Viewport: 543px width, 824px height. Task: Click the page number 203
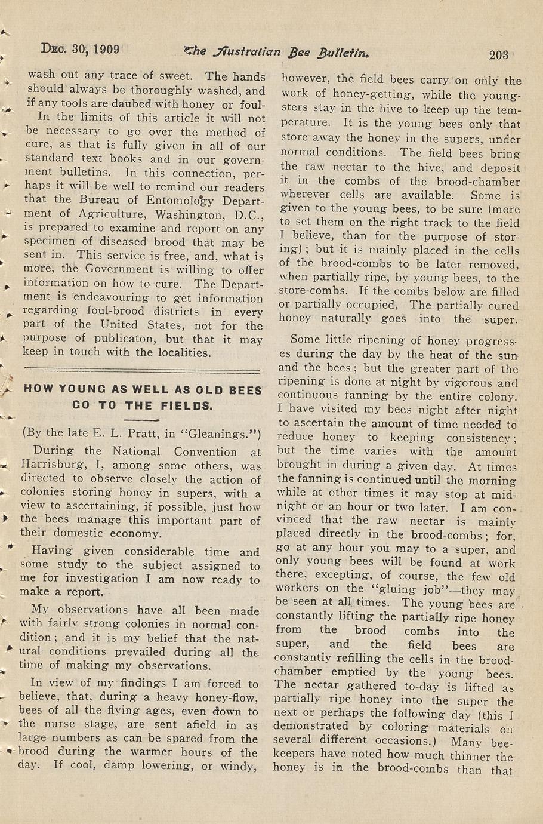[498, 55]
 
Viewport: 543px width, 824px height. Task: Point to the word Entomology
[184, 199]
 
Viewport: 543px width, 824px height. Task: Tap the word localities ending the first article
[178, 352]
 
